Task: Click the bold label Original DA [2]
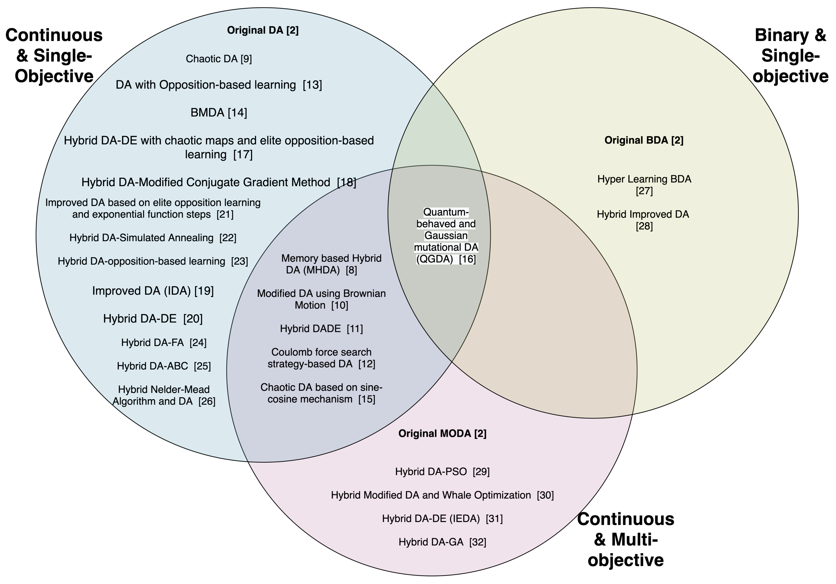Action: [263, 30]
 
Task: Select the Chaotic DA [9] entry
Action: [218, 59]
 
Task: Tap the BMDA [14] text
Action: [218, 113]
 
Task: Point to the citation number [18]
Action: [346, 182]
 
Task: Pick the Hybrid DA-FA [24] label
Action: [163, 342]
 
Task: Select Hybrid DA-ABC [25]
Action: [163, 366]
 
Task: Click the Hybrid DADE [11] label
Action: [321, 329]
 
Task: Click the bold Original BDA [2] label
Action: [644, 140]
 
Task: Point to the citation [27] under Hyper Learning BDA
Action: [644, 191]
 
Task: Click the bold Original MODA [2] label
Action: [442, 434]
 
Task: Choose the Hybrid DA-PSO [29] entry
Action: [442, 472]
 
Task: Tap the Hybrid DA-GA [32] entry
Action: [442, 542]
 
